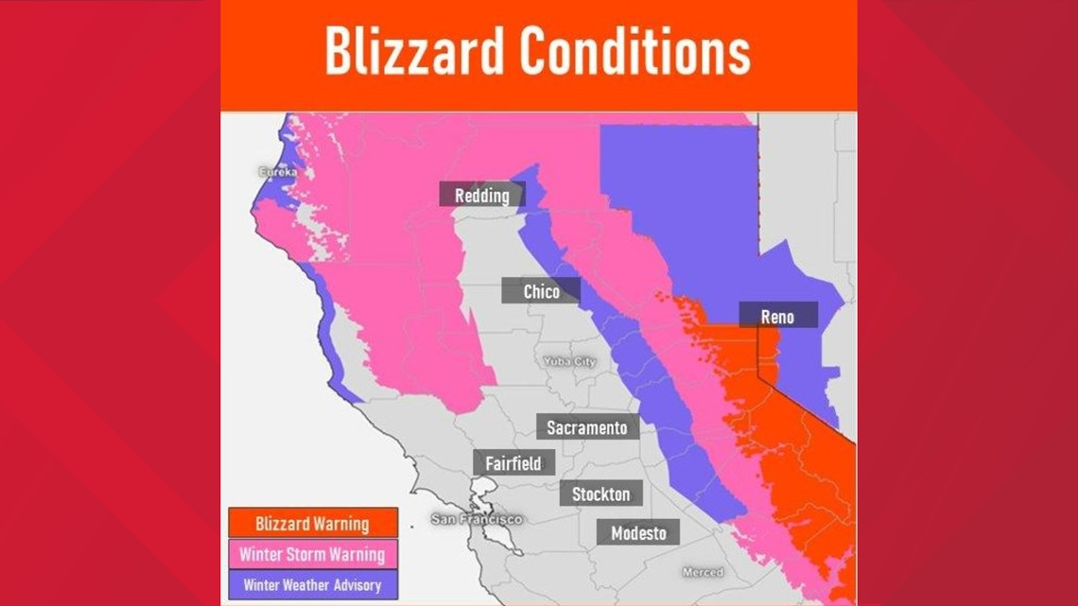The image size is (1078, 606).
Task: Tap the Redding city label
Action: (481, 196)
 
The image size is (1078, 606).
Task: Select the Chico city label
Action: (541, 291)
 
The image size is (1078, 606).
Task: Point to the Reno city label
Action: (777, 317)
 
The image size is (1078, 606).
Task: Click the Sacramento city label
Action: (586, 427)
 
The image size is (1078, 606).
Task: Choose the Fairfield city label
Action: (513, 463)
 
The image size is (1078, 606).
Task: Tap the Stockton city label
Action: (600, 493)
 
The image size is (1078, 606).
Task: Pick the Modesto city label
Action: (638, 532)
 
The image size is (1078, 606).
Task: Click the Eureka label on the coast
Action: (279, 172)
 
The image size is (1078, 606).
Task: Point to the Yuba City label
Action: (569, 361)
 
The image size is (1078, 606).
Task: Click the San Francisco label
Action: (476, 519)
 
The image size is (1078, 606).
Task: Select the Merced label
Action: (703, 572)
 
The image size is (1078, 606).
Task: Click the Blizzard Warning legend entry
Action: (313, 523)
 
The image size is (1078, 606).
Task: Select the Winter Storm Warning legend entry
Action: (312, 554)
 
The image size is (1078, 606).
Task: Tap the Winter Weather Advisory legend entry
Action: (312, 584)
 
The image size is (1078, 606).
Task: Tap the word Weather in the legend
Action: (305, 584)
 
